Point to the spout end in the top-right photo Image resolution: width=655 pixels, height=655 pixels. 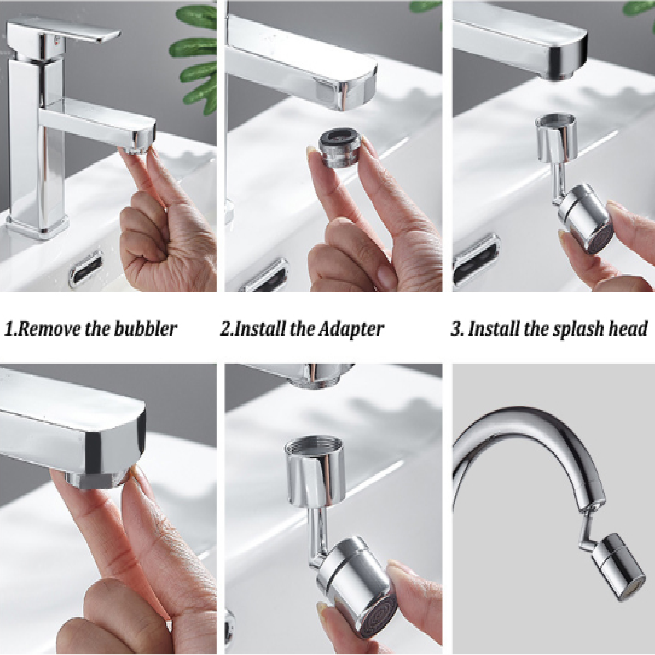tap(566, 61)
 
